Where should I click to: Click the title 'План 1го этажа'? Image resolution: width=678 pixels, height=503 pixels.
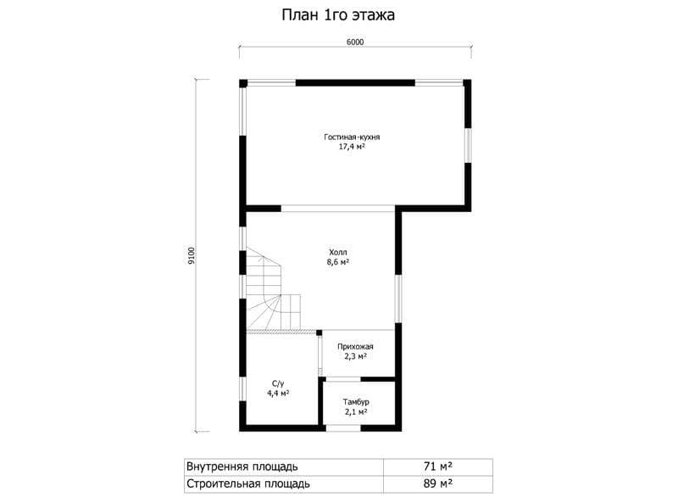click(338, 15)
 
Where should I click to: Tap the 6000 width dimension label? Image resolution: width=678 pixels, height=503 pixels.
click(355, 42)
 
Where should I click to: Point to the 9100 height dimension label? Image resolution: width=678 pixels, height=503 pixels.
click(192, 255)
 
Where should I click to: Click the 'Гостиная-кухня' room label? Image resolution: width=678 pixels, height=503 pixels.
click(352, 137)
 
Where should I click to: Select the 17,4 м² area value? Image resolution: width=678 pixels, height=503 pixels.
click(352, 147)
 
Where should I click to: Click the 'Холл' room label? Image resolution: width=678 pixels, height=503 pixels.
click(338, 252)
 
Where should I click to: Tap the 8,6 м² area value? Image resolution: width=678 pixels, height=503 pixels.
click(338, 262)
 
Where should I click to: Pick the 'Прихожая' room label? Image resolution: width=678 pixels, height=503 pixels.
click(355, 346)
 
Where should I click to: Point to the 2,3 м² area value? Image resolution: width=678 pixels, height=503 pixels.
click(355, 356)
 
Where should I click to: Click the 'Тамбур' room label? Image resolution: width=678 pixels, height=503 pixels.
click(356, 402)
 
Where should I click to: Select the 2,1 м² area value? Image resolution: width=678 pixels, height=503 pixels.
click(356, 411)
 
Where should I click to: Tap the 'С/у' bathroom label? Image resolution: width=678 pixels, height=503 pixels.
click(278, 383)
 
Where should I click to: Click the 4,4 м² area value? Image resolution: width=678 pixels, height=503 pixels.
click(278, 394)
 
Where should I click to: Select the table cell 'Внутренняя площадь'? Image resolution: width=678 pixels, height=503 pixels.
click(242, 467)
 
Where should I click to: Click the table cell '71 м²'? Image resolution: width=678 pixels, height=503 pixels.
click(438, 467)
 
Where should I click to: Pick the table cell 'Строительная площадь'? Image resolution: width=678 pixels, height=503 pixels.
click(247, 483)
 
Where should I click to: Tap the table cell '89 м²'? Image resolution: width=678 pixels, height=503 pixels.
click(438, 483)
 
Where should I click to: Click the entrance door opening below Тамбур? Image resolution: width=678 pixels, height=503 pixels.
click(343, 428)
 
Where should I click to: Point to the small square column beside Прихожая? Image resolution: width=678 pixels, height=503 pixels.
click(320, 333)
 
